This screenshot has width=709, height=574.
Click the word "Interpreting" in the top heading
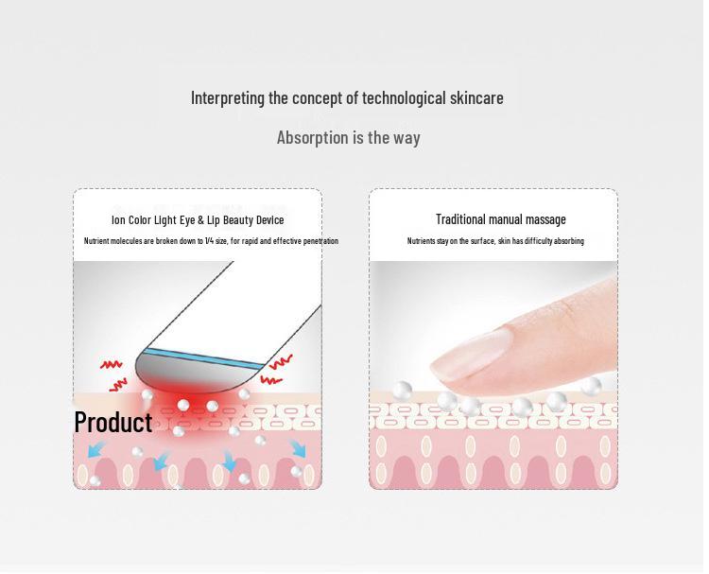coord(228,97)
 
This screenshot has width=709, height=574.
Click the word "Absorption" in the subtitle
coord(312,137)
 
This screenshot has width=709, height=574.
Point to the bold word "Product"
coord(112,422)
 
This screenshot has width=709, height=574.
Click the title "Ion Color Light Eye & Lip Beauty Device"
coord(198,220)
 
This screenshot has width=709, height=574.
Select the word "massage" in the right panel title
coord(545,219)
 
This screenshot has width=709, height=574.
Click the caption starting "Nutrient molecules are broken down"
coord(211,241)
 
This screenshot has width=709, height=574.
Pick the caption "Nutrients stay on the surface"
coord(495,241)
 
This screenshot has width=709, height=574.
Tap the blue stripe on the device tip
coord(202,357)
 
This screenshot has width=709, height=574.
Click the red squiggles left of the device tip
coord(114,374)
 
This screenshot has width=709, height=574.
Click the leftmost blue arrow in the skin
coord(96,449)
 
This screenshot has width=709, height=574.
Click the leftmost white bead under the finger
coord(402,389)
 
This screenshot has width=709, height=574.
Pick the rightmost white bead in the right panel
coord(591,386)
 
